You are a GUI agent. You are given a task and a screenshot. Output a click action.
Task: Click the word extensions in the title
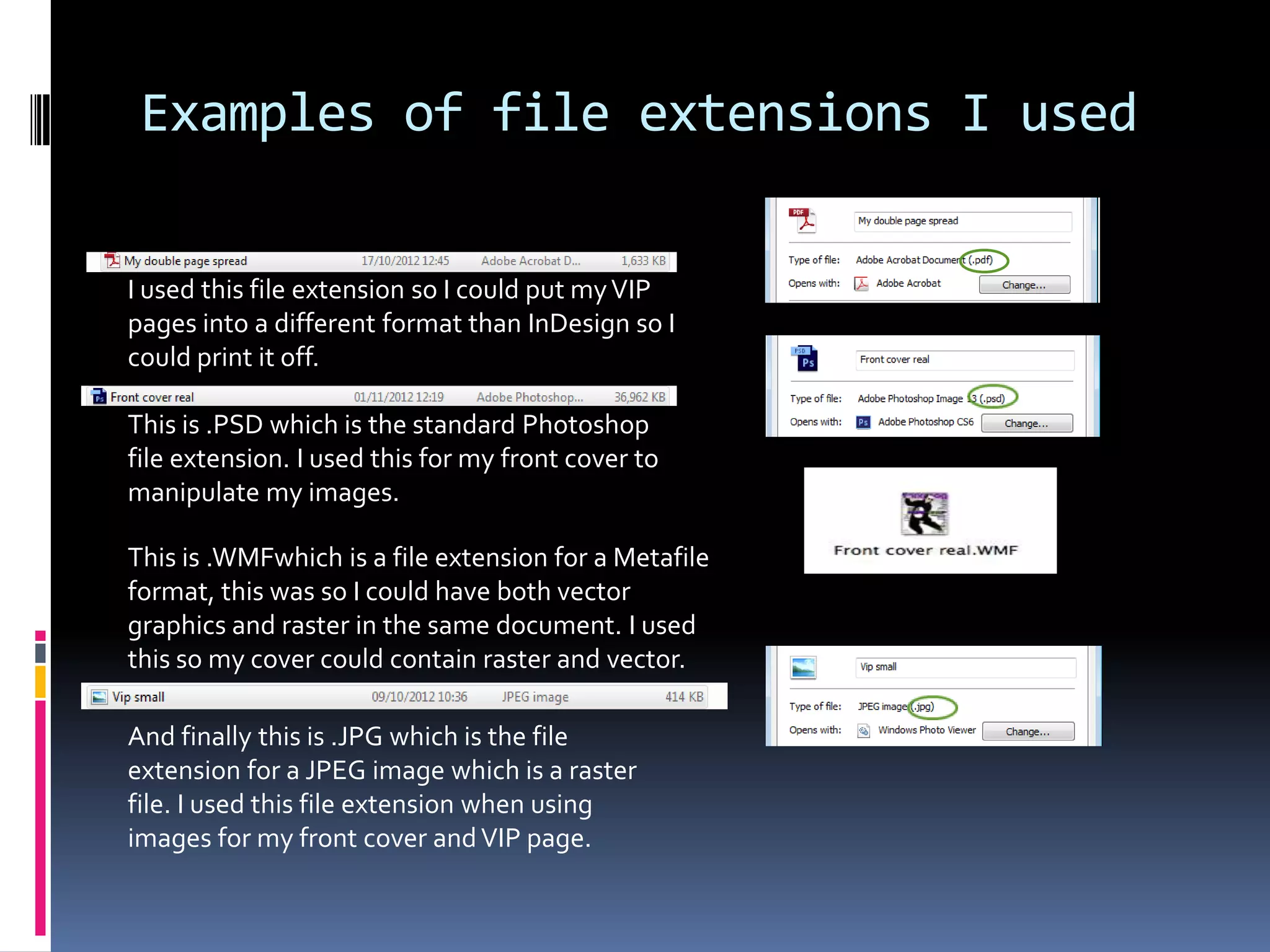(784, 114)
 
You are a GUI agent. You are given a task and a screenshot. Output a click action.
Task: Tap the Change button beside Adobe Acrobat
(1024, 285)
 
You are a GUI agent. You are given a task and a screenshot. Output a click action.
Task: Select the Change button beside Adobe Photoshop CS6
(1026, 423)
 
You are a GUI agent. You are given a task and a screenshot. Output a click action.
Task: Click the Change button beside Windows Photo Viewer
(1028, 731)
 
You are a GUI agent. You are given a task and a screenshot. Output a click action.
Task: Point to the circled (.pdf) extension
(984, 260)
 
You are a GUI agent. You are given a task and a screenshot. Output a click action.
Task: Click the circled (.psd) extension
(993, 398)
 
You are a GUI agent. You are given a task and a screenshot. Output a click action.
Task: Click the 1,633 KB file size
(643, 261)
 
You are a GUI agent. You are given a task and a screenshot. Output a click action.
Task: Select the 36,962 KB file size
(639, 397)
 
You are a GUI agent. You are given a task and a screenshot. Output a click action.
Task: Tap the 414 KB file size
(684, 697)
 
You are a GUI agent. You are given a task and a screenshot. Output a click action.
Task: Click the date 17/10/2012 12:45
(405, 261)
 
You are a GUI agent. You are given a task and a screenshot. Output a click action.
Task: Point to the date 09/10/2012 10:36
(419, 697)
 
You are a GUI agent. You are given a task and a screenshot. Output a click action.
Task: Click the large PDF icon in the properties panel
(803, 220)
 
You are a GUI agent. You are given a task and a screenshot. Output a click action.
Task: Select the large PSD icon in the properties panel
(805, 358)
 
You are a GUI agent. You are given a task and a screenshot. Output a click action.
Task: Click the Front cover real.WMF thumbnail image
(924, 513)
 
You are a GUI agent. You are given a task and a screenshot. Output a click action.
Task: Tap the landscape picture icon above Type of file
(803, 668)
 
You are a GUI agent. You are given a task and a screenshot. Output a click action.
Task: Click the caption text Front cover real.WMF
(925, 550)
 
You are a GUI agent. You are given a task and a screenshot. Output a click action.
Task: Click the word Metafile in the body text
(660, 558)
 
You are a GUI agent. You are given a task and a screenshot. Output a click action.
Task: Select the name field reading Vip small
(964, 668)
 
